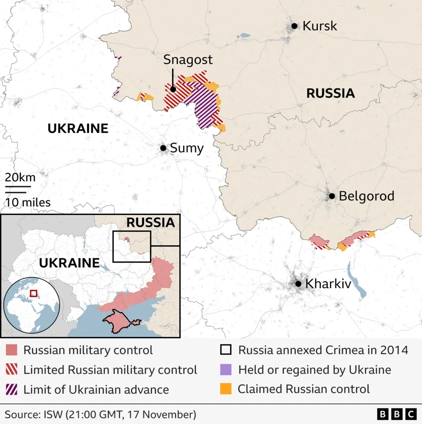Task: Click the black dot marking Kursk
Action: [294, 26]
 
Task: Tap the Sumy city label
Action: [186, 148]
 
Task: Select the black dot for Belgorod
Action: [332, 196]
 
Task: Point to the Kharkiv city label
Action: [328, 284]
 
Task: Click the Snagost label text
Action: [188, 60]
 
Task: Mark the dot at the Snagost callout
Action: [173, 90]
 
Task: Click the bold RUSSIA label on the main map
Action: [330, 93]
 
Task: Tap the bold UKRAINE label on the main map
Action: [78, 128]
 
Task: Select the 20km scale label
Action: [20, 177]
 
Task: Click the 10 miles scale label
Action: [28, 202]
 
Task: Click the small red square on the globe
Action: [34, 293]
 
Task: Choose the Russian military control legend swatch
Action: [12, 350]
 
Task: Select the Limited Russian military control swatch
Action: [12, 369]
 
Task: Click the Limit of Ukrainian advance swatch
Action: [12, 389]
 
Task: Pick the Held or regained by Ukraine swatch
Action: [226, 369]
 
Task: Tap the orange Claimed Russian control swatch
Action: [226, 389]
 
